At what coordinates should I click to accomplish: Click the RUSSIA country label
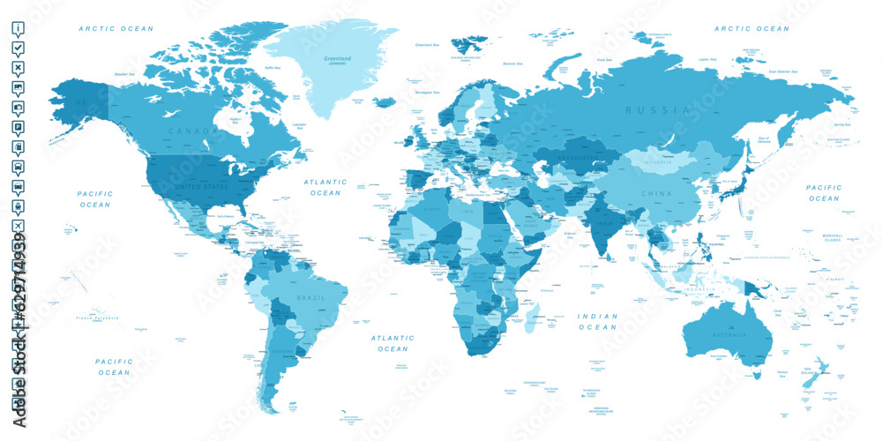(656, 110)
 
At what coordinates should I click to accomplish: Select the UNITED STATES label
(201, 186)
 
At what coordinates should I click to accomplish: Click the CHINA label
(656, 194)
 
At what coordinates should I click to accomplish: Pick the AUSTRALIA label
(729, 335)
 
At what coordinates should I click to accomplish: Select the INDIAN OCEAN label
(597, 321)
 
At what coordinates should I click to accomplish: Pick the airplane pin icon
(18, 228)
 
